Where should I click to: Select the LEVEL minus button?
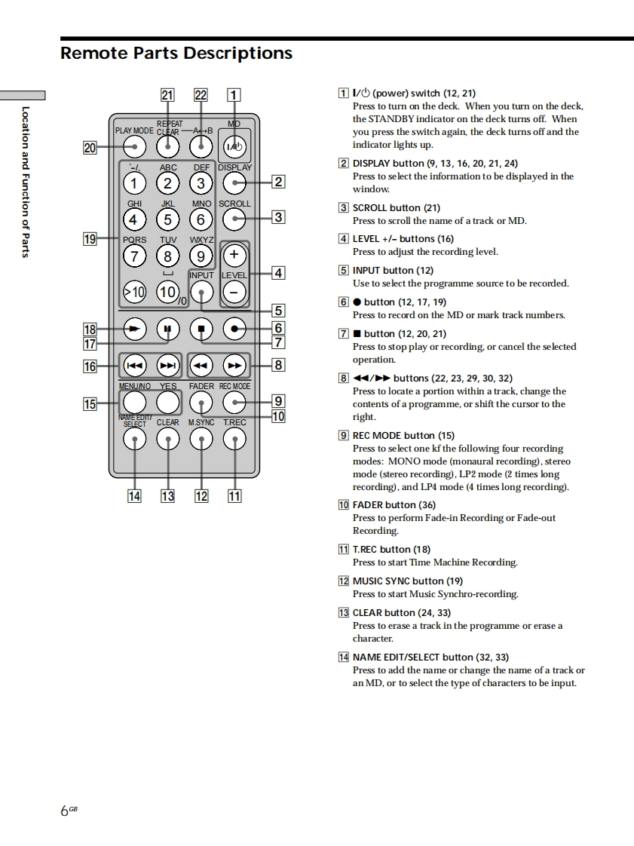coord(234,292)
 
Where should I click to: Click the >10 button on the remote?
coord(134,292)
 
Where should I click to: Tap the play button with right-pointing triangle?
coord(134,329)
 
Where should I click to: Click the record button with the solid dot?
coord(234,329)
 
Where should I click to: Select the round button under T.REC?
coord(234,438)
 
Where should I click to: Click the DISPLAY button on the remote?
coord(234,182)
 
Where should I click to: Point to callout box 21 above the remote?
coord(167,95)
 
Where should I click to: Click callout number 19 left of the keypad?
coord(90,239)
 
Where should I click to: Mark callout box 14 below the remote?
coord(134,495)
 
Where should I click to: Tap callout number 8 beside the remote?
coord(278,365)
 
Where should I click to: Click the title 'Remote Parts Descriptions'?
coord(176,54)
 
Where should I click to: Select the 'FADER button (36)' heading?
coord(394,505)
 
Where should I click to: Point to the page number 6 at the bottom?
coord(65,811)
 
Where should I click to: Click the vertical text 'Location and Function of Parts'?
coord(26,182)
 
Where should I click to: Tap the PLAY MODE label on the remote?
coord(134,131)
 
